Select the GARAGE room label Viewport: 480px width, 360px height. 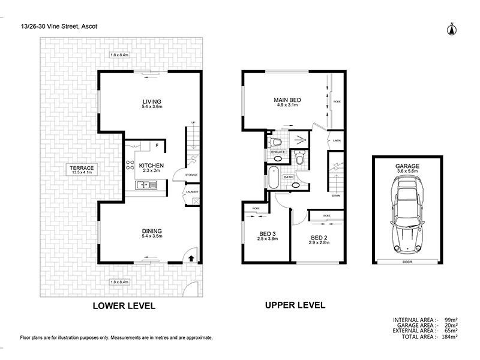[407, 166]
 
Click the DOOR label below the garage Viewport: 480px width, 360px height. [407, 262]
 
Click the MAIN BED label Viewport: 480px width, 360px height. [287, 100]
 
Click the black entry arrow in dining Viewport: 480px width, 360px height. [191, 259]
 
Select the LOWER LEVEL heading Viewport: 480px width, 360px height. [124, 305]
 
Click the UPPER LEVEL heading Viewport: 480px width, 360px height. [295, 305]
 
